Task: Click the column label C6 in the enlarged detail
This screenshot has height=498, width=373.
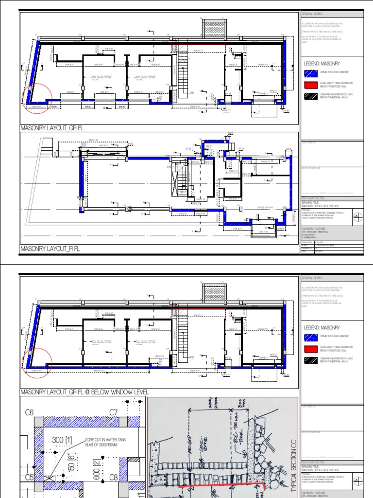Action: coord(30,412)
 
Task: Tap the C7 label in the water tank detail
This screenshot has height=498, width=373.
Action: coord(114,412)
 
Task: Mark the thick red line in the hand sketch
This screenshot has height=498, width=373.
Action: coord(221,486)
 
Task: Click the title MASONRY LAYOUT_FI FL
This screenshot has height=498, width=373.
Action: coord(50,249)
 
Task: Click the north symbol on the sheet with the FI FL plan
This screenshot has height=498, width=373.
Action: coord(357,217)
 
